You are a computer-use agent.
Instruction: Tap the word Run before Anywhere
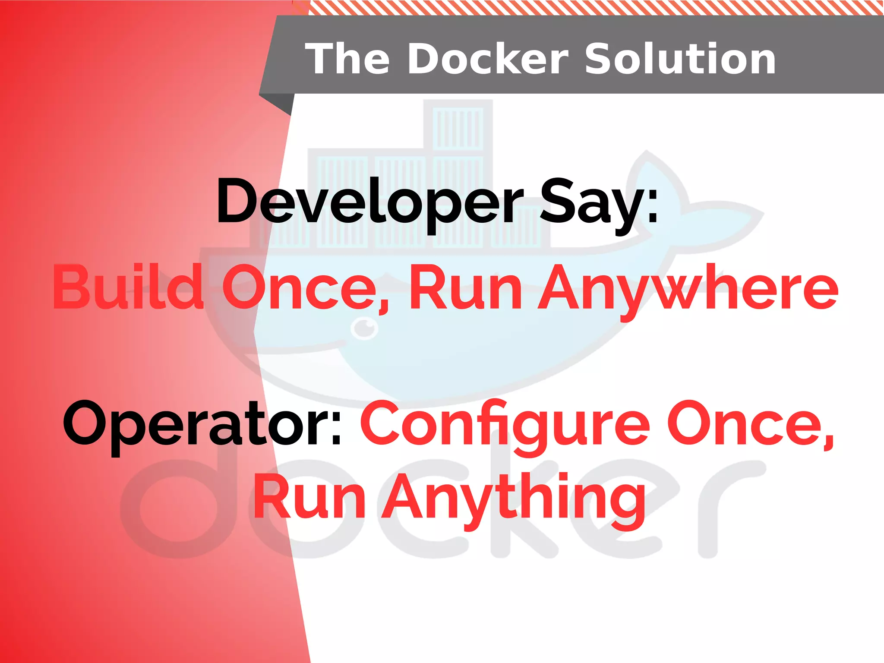[466, 288]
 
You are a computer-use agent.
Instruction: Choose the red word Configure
[505, 425]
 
